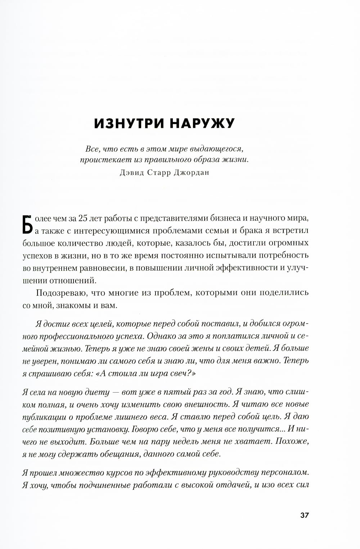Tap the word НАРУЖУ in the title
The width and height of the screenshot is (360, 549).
[202, 123]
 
